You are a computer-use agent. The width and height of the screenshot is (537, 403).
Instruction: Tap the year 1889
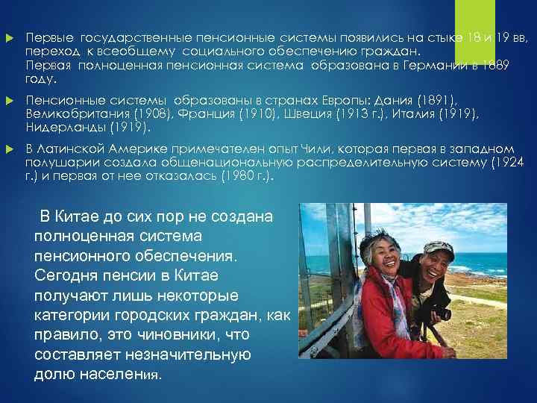pyautogui.click(x=494, y=66)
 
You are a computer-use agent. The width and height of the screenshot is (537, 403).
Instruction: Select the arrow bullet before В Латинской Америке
pyautogui.click(x=9, y=149)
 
